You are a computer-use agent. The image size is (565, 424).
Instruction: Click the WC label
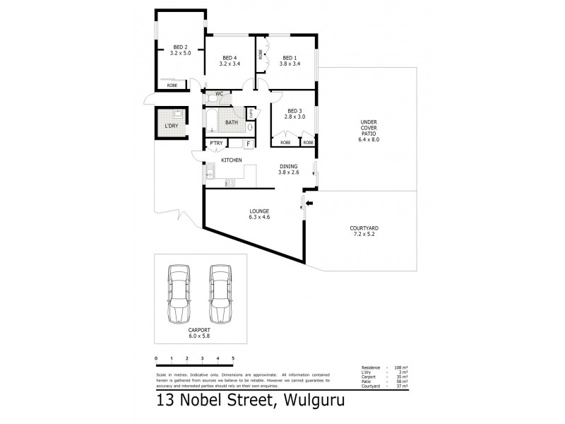(220, 94)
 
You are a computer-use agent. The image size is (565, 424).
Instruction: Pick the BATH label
(231, 122)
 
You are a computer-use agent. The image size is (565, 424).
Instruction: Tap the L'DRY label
(170, 126)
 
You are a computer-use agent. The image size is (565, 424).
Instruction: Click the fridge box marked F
(248, 144)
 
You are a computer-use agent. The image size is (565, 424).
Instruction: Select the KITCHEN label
(232, 160)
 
